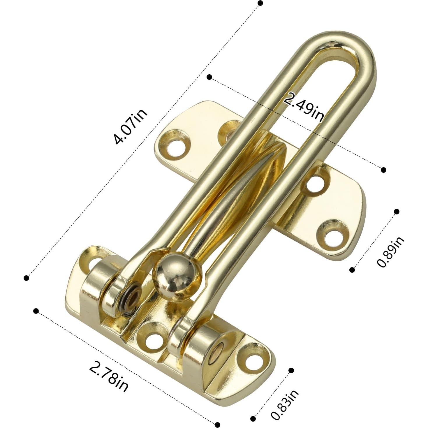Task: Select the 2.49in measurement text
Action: [304, 107]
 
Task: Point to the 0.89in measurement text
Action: [390, 252]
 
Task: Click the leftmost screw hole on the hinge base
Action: [92, 259]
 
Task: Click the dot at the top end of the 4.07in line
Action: [260, 3]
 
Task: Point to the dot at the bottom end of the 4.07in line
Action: [27, 278]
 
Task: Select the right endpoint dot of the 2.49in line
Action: [383, 170]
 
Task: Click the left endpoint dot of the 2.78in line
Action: [36, 311]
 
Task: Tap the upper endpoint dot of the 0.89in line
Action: [396, 212]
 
